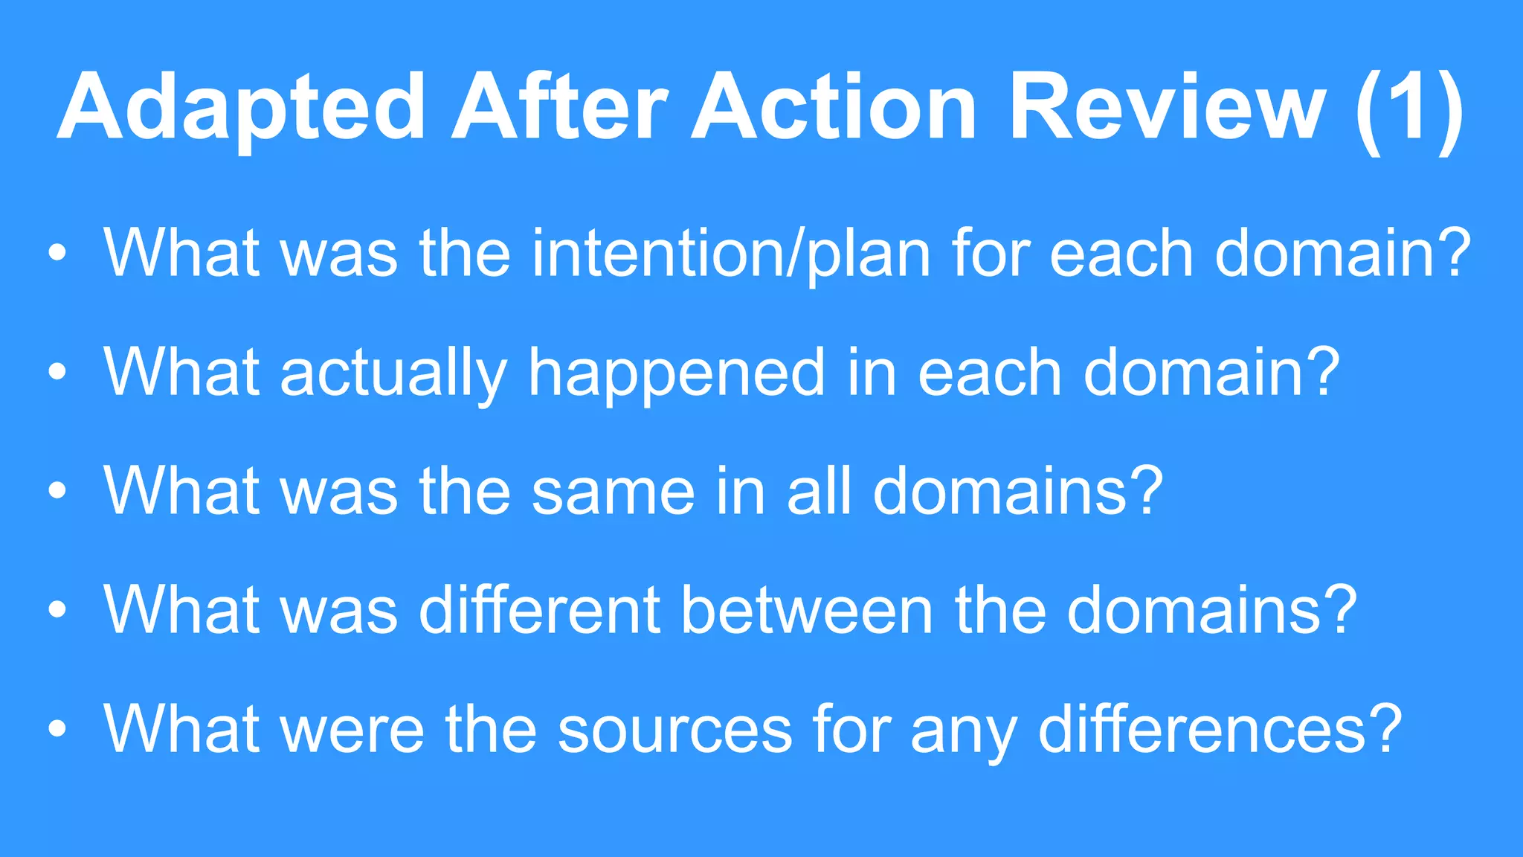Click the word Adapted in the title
click(241, 108)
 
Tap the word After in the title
click(559, 108)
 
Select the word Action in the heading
click(834, 108)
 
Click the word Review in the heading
click(1167, 108)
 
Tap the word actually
click(394, 373)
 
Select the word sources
click(674, 731)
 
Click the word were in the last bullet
click(352, 731)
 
